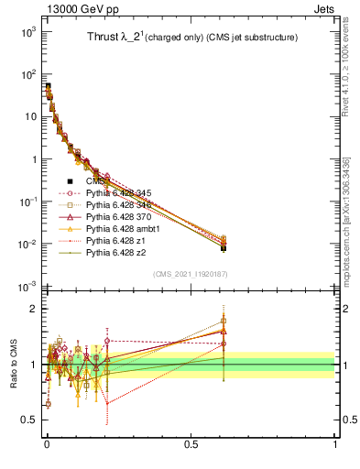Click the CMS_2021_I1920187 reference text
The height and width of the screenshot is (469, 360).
(x=191, y=274)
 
